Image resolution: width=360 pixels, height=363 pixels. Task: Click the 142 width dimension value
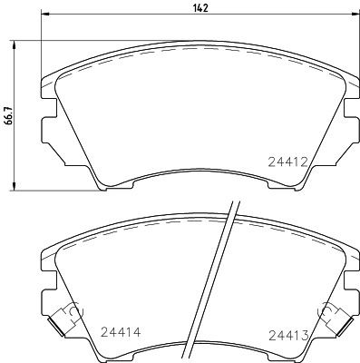200,9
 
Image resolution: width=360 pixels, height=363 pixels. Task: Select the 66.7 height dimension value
9,118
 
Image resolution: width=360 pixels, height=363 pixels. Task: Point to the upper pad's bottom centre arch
199,181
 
